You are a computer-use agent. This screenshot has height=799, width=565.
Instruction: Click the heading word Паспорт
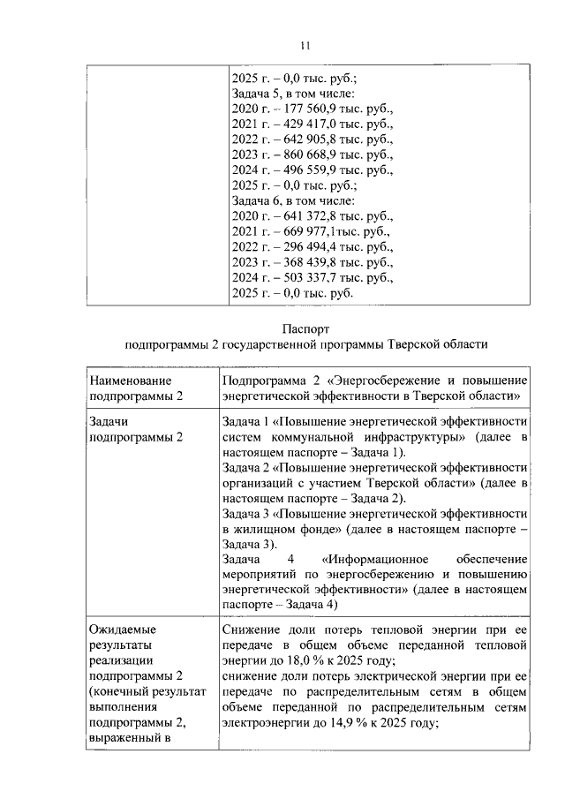coord(305,327)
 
